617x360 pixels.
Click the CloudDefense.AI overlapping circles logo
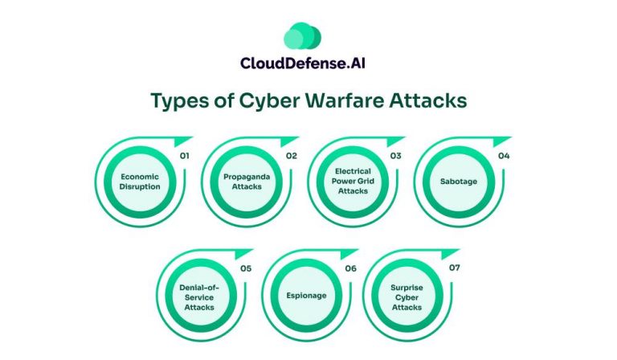(x=302, y=36)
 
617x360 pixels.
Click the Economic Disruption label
(x=139, y=181)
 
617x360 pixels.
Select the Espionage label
(x=306, y=296)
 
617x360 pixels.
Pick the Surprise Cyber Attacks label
(x=407, y=296)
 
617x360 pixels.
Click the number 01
(x=185, y=155)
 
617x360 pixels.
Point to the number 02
(x=291, y=155)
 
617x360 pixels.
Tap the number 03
(x=397, y=155)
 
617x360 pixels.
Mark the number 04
(x=504, y=155)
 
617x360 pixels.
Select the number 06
(x=350, y=268)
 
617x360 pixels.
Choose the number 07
(x=455, y=268)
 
